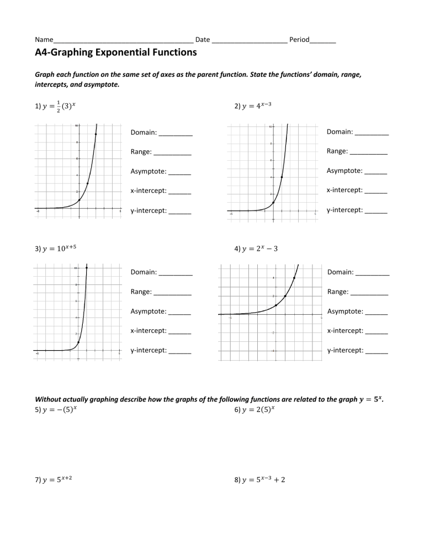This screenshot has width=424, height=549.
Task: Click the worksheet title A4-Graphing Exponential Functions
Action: point(116,53)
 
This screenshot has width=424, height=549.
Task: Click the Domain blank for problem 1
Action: point(176,133)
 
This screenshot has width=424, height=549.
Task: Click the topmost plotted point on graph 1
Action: point(96,134)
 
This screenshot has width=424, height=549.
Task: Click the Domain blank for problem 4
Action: point(373,273)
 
